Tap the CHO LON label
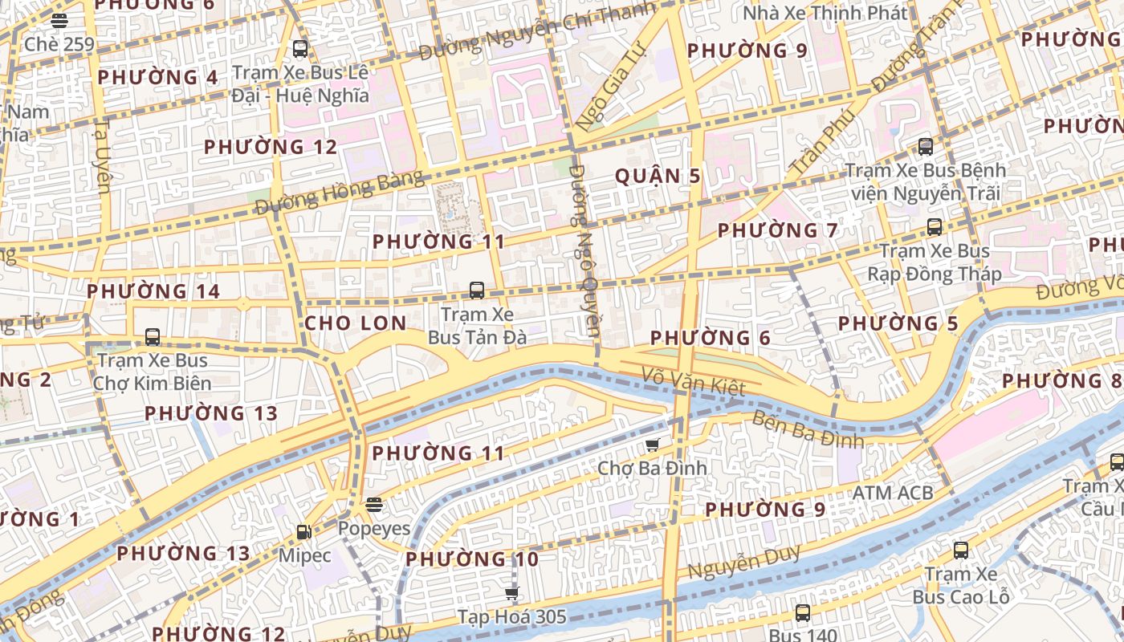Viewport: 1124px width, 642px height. [355, 323]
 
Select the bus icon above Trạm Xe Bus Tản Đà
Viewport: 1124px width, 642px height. [477, 291]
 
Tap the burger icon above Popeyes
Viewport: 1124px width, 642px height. [373, 505]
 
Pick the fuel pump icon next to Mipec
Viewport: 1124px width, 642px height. [303, 531]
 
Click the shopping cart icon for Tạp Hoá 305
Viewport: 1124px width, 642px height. [511, 594]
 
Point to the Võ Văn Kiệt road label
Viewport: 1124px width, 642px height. [694, 380]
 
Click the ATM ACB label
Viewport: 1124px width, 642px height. [893, 493]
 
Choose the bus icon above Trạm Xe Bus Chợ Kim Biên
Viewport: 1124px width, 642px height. [153, 337]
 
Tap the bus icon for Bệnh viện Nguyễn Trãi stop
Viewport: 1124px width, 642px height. [926, 147]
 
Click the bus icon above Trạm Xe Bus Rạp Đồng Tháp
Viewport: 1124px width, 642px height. [935, 227]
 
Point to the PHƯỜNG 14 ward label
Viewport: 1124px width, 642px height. [153, 291]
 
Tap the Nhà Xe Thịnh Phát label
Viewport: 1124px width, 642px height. [825, 14]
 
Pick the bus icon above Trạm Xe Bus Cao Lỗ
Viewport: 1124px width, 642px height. [960, 551]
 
